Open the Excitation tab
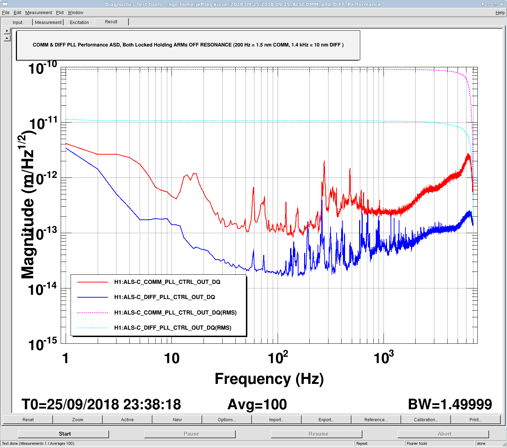79,22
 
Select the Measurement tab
48,22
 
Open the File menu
6,12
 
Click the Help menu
500,12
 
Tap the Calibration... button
425,419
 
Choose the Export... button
326,419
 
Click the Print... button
476,419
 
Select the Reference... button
376,419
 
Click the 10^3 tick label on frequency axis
384,357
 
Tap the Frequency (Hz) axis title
269,379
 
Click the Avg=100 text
257,404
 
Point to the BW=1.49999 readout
450,404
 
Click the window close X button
502,4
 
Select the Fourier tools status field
417,443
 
